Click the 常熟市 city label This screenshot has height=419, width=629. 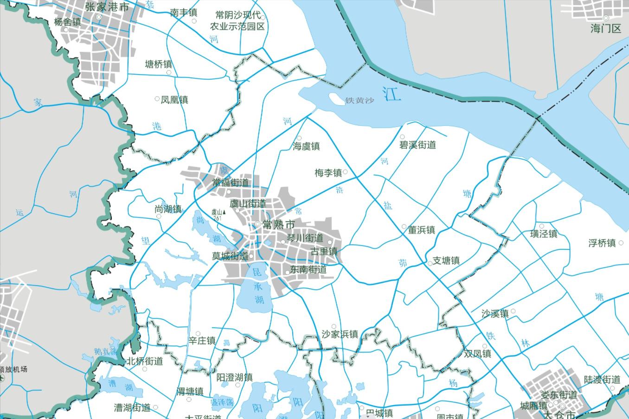click(278, 225)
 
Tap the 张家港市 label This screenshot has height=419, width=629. click(107, 7)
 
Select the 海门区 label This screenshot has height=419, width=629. click(606, 29)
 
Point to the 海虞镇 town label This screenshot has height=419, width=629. click(306, 146)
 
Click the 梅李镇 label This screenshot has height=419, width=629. click(328, 173)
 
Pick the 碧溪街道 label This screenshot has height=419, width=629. click(417, 145)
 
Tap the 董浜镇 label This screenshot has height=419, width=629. click(421, 230)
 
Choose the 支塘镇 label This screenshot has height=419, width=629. click(446, 260)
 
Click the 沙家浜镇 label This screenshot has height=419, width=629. click(340, 334)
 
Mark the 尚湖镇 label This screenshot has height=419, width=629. click(168, 209)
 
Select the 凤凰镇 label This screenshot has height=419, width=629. click(174, 100)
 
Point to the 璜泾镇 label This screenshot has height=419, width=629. click(544, 234)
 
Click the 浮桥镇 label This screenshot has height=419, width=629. click(602, 243)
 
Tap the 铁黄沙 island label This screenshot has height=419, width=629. click(359, 101)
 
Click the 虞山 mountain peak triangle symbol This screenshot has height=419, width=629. click(225, 211)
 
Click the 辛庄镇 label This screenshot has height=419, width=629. click(202, 341)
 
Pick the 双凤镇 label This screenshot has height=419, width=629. click(477, 354)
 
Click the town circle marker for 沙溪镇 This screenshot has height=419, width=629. click(513, 311)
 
